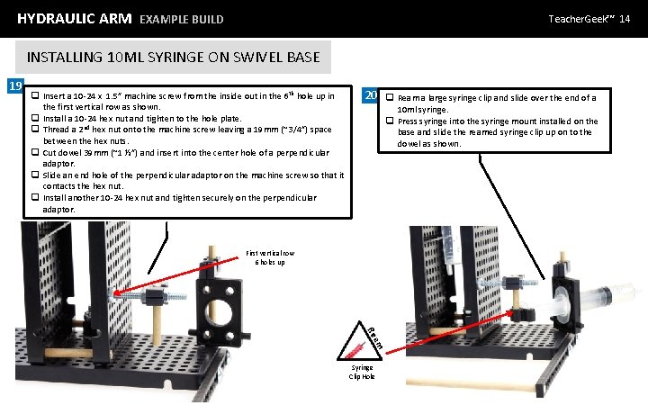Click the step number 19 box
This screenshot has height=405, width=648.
[13, 86]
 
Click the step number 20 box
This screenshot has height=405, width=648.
[369, 96]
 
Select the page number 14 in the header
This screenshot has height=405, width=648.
[625, 18]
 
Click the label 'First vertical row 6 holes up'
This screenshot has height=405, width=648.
[269, 257]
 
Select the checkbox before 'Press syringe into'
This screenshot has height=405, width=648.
[390, 121]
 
